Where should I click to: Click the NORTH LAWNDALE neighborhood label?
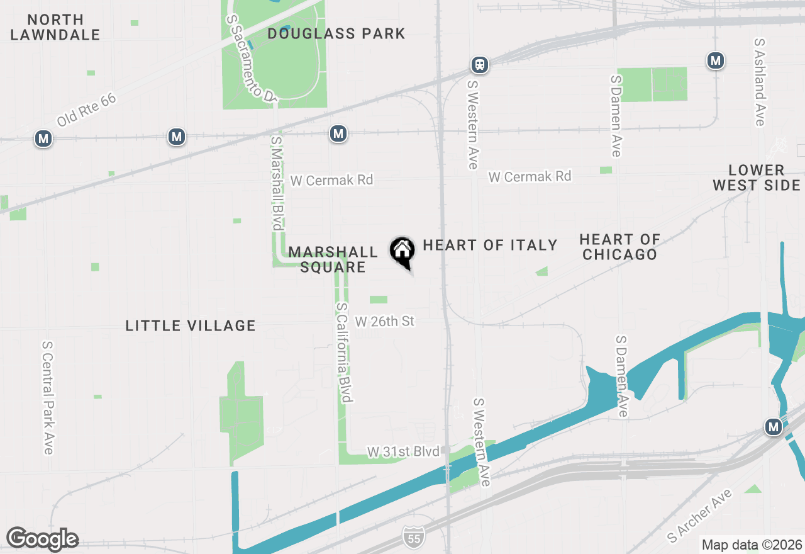point(55,27)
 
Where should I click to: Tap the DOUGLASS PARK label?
point(336,33)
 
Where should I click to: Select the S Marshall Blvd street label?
point(277,183)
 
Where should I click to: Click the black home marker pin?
point(402,252)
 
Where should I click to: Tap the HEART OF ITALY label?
point(490,245)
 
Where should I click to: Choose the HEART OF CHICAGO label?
point(619,247)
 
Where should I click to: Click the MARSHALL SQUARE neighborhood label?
point(333,259)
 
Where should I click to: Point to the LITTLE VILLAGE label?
point(191,325)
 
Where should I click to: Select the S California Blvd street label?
point(343,353)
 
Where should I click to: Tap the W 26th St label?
point(385,322)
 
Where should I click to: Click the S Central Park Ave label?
point(48,397)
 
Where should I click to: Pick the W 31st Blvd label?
point(403,452)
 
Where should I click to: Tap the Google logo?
point(42,539)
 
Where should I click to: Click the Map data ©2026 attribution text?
point(752,545)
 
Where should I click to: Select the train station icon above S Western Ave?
point(480,64)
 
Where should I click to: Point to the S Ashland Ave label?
point(760,82)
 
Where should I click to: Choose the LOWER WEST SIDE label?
point(757,178)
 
